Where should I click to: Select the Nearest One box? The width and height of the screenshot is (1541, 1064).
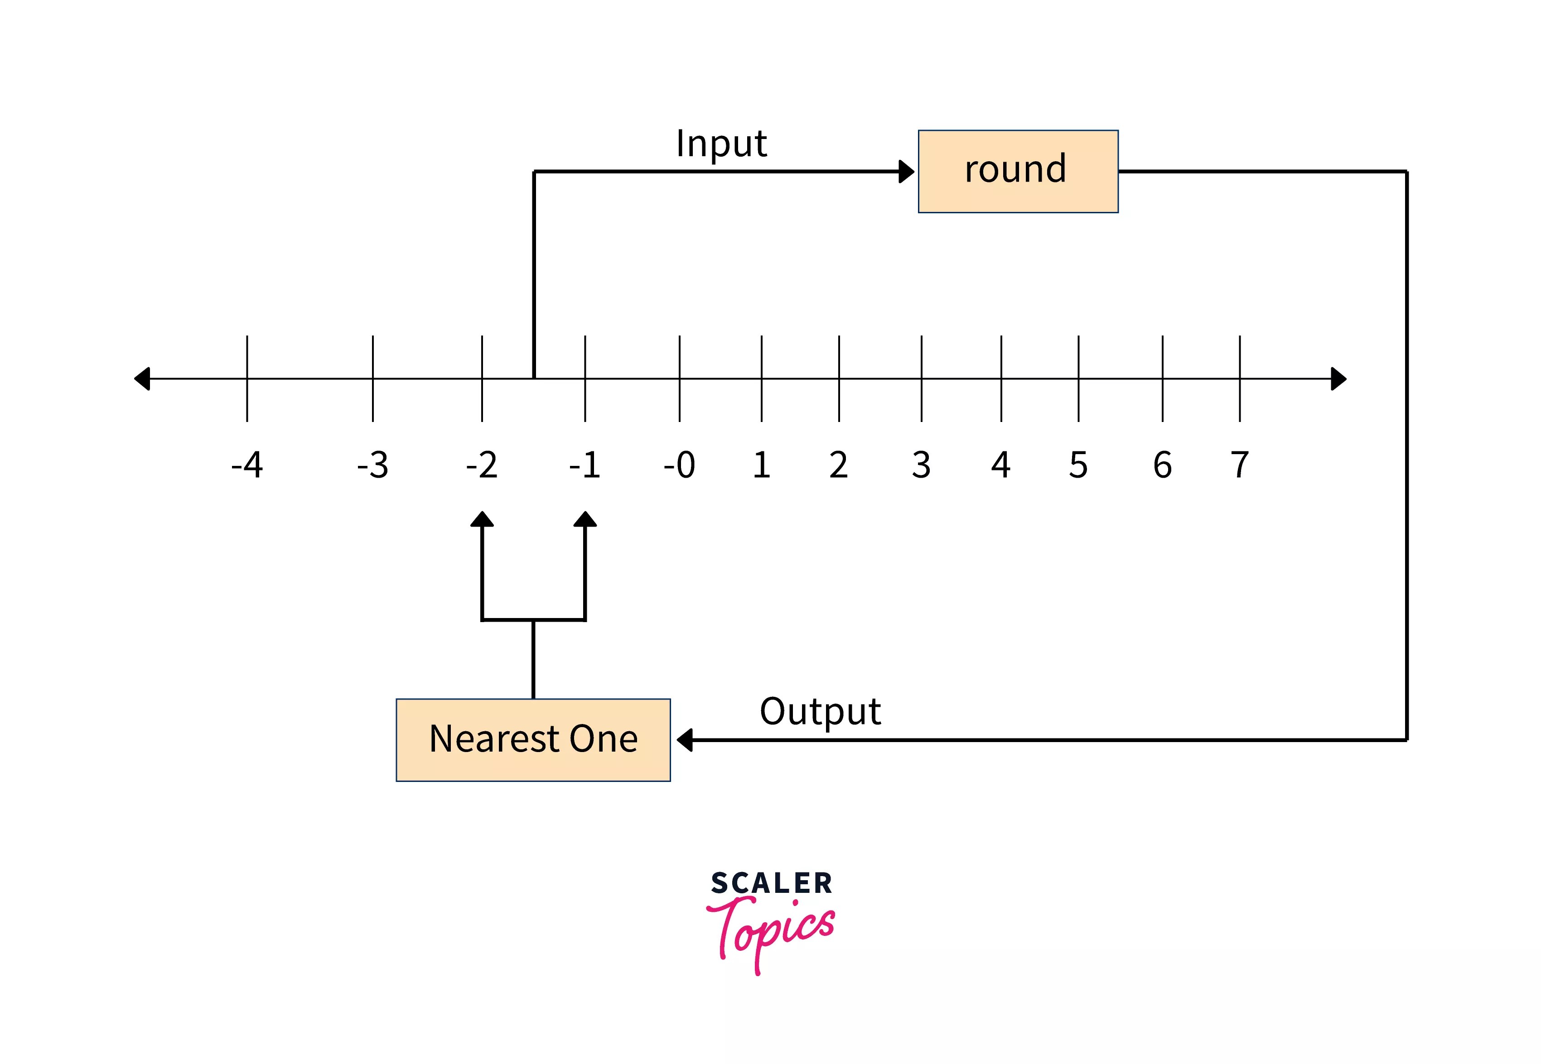(533, 739)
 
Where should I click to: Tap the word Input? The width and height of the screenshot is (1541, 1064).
(721, 144)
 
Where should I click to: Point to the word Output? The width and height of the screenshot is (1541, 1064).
(820, 712)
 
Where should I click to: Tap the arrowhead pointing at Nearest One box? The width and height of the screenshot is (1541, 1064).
(685, 739)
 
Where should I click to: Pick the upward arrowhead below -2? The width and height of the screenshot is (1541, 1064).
(482, 519)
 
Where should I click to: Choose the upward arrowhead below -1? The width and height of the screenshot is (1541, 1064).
(585, 519)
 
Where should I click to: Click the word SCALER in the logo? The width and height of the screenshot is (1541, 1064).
(771, 883)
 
